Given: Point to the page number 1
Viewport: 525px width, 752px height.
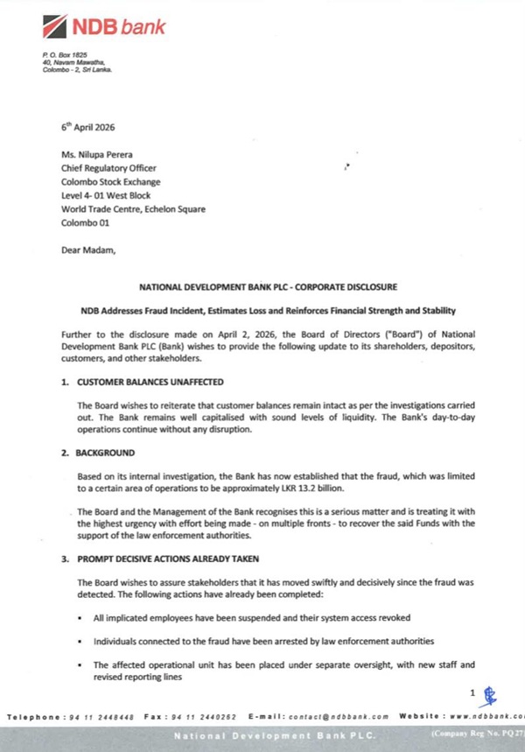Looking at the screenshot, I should (472, 693).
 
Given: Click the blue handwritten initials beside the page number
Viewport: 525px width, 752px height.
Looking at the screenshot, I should (489, 696).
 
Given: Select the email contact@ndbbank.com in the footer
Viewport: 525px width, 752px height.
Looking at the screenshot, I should (324, 717).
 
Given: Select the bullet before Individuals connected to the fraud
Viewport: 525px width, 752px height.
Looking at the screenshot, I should (81, 642).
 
